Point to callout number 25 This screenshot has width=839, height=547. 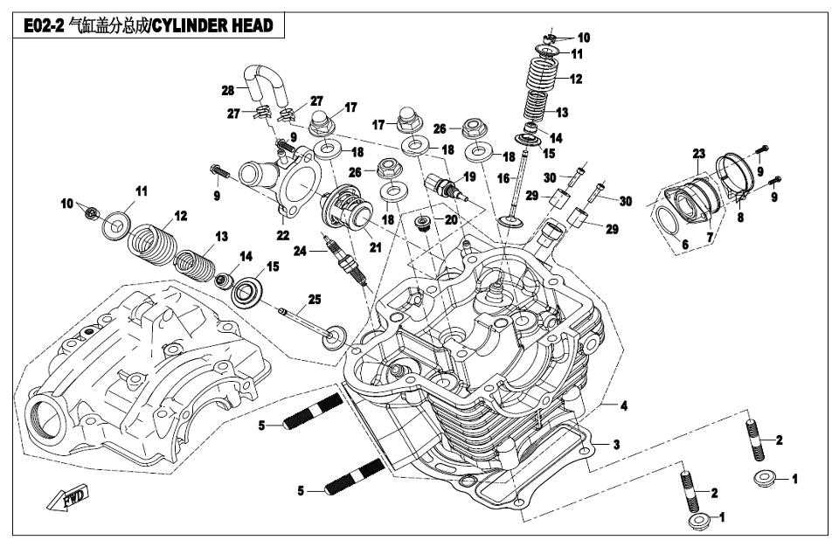pyautogui.click(x=314, y=300)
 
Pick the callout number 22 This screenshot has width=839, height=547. pyautogui.click(x=282, y=235)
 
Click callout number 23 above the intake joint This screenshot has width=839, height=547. pyautogui.click(x=698, y=154)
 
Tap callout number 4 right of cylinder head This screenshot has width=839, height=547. pyautogui.click(x=624, y=405)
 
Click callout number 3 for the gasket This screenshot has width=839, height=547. pyautogui.click(x=616, y=444)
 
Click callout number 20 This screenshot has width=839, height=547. pyautogui.click(x=451, y=220)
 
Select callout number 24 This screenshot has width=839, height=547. pyautogui.click(x=301, y=252)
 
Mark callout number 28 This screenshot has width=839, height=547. pyautogui.click(x=227, y=90)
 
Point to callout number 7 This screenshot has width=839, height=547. pyautogui.click(x=710, y=237)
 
